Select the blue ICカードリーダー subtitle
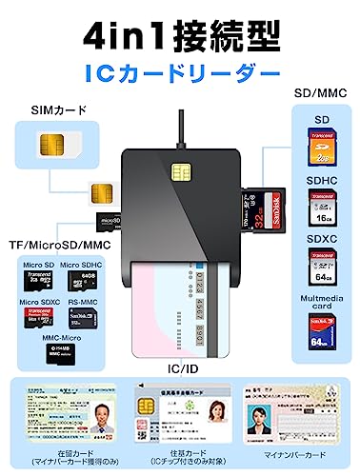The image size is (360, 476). tap(180, 72)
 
